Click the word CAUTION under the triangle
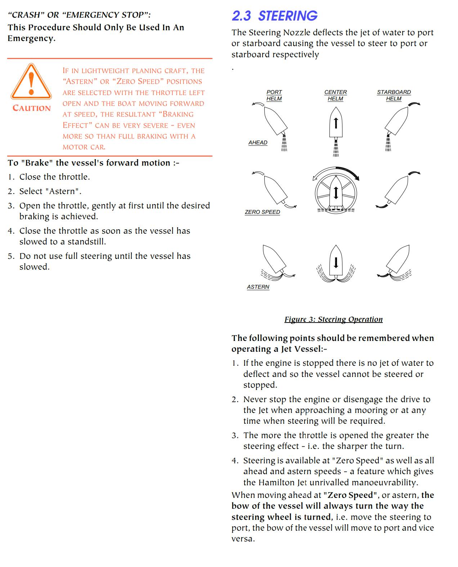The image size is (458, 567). [32, 108]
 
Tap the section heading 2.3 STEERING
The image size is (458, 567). [274, 16]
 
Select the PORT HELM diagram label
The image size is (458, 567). [274, 95]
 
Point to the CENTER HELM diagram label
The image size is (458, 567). [335, 95]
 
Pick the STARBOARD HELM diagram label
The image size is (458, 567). [394, 95]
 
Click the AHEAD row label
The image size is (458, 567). [258, 143]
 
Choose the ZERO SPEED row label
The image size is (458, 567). [262, 212]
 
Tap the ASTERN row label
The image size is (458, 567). [258, 287]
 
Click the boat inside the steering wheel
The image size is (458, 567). [336, 193]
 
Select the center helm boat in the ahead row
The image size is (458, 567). [336, 124]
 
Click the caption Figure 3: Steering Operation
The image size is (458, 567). [333, 319]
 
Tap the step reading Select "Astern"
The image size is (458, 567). [50, 191]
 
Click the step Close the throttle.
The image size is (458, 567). [54, 177]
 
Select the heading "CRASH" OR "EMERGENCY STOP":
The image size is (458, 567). [79, 15]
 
